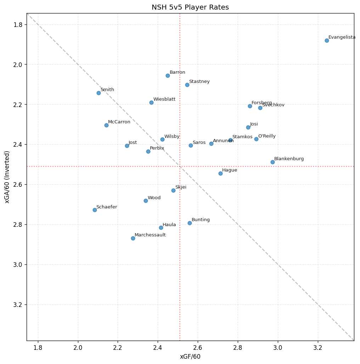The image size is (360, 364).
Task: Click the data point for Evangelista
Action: click(327, 40)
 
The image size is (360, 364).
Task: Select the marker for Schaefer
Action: click(95, 210)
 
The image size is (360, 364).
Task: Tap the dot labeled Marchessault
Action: click(133, 238)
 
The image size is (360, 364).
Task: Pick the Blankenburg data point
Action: click(272, 162)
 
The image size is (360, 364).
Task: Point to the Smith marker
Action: click(99, 93)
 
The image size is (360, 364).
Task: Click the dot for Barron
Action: click(168, 75)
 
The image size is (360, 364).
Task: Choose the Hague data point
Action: click(220, 173)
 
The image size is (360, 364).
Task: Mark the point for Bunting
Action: click(190, 223)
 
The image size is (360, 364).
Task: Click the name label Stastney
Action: click(199, 82)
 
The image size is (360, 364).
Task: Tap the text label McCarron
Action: click(119, 122)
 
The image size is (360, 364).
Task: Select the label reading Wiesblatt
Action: click(164, 99)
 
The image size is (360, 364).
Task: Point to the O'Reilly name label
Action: click(267, 136)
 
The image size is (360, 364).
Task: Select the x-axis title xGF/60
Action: click(190, 357)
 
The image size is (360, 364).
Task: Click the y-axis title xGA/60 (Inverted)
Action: click(7, 177)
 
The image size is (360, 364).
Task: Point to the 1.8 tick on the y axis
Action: click(18, 24)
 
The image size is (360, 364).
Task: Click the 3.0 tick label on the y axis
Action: click(18, 265)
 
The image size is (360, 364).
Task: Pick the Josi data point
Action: click(248, 127)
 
